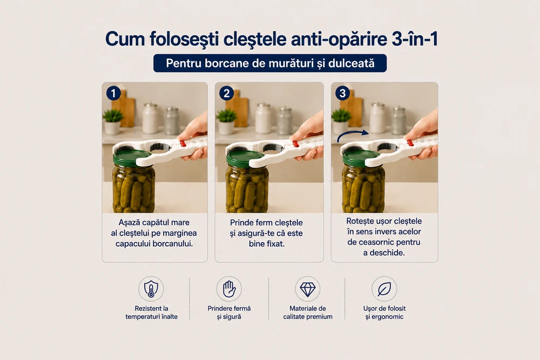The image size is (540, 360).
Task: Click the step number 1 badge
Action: pos(113,93)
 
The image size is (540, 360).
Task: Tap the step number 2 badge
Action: pos(226,93)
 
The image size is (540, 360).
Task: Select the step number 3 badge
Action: pos(342,93)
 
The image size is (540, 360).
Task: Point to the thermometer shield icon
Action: pos(151,289)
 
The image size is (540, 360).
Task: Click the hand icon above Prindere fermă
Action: pos(229,289)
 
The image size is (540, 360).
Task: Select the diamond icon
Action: pos(308,289)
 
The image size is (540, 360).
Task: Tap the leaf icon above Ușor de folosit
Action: pos(384,289)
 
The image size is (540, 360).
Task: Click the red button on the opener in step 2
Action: pos(295,144)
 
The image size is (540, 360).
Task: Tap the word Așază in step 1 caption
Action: pos(130,223)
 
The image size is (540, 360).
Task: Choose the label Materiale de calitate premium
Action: pos(308,313)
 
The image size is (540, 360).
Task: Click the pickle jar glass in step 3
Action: pos(363,188)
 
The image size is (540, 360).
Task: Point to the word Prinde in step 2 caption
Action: pos(241,223)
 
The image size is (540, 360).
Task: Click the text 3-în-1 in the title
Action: pos(415,38)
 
